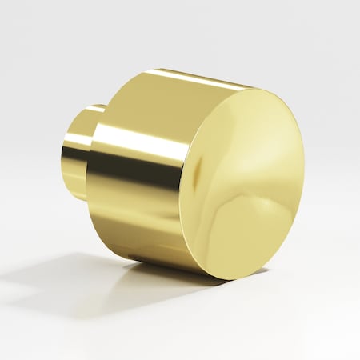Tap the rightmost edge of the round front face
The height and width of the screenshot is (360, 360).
click(x=304, y=172)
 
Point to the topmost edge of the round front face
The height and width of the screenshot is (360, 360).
click(x=256, y=87)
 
